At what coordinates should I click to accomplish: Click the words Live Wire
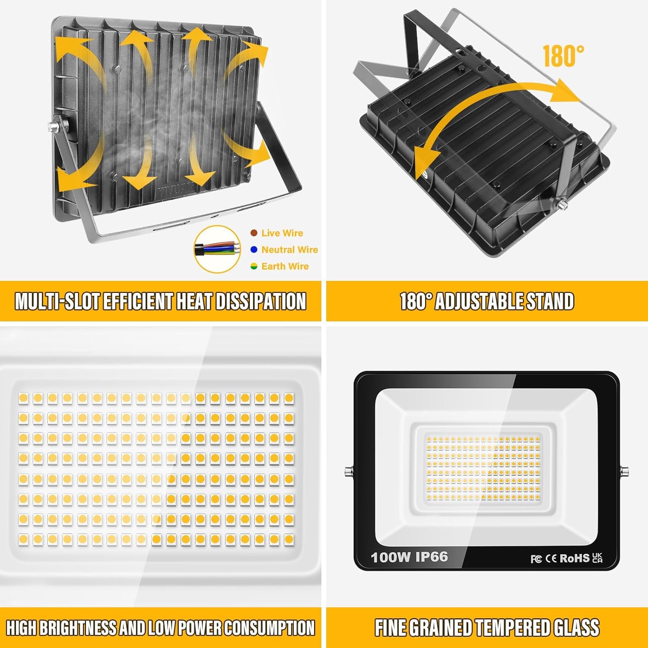282,233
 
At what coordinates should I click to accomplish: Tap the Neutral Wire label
289,250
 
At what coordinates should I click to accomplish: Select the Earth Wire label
285,266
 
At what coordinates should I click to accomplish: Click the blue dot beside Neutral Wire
254,250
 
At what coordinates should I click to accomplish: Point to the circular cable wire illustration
217,249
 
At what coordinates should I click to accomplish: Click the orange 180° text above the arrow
563,56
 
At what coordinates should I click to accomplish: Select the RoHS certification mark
575,559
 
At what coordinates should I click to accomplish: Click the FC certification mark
536,559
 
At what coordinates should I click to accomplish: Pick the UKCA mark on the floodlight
597,558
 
